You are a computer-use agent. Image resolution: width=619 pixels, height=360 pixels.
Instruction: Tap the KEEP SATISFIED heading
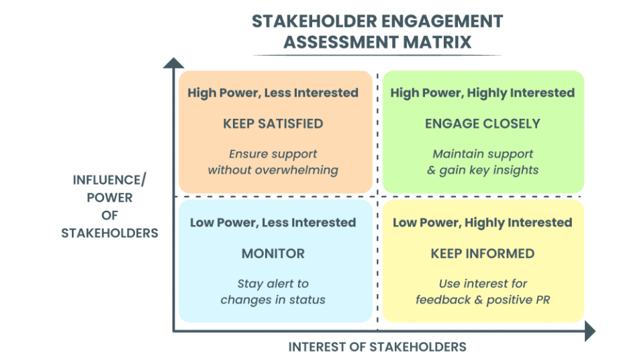pyautogui.click(x=273, y=124)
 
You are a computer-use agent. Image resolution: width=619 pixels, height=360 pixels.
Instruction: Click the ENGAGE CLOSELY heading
pyautogui.click(x=483, y=124)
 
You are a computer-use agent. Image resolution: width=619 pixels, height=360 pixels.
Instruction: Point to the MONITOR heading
pyautogui.click(x=273, y=254)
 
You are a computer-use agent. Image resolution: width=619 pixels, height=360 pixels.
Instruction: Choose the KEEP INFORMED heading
pyautogui.click(x=483, y=254)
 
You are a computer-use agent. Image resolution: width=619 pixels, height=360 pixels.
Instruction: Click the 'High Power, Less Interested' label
pyautogui.click(x=273, y=93)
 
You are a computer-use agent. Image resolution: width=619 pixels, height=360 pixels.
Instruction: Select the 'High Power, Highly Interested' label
pyautogui.click(x=483, y=93)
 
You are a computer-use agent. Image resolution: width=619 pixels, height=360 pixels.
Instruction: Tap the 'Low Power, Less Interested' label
pyautogui.click(x=273, y=222)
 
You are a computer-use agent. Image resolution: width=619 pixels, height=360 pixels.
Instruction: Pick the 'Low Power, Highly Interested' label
pyautogui.click(x=483, y=222)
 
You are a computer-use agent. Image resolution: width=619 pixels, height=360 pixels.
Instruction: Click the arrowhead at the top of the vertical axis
pyautogui.click(x=173, y=62)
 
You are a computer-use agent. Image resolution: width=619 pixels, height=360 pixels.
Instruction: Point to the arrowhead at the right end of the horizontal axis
pyautogui.click(x=589, y=331)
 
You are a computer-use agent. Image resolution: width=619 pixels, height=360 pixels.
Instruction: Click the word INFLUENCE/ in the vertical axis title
pyautogui.click(x=109, y=181)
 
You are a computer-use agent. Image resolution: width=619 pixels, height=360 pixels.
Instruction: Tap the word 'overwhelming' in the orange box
pyautogui.click(x=301, y=170)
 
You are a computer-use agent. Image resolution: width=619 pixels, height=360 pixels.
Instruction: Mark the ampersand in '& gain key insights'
pyautogui.click(x=432, y=170)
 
